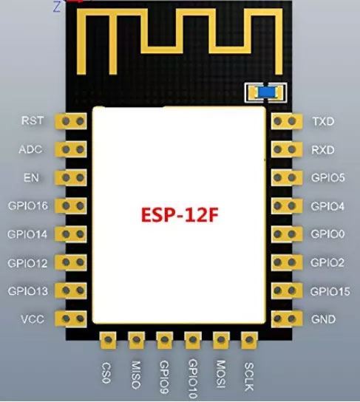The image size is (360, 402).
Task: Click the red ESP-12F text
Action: pyautogui.click(x=180, y=214)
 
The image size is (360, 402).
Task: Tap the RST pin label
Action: pyautogui.click(x=33, y=120)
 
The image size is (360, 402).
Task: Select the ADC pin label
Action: pyautogui.click(x=30, y=149)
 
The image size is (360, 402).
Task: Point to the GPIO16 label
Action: pyautogui.click(x=28, y=205)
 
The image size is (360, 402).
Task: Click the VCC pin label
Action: pyautogui.click(x=33, y=319)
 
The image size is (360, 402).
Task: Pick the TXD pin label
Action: pyautogui.click(x=323, y=121)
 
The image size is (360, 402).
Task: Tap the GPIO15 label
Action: pyautogui.click(x=330, y=291)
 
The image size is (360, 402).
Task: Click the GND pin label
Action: pyautogui.click(x=323, y=319)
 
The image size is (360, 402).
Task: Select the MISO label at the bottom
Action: pyautogui.click(x=136, y=375)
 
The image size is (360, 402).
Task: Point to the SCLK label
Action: pyautogui.click(x=249, y=376)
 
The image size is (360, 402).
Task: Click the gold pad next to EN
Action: pyautogui.click(x=71, y=177)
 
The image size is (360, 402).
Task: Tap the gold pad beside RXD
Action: pyautogui.click(x=287, y=149)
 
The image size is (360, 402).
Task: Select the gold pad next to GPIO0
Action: pyautogui.click(x=287, y=234)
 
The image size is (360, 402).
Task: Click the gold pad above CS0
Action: pyautogui.click(x=108, y=340)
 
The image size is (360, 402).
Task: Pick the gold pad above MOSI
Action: pyautogui.click(x=221, y=340)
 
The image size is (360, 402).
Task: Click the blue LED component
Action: pyautogui.click(x=267, y=92)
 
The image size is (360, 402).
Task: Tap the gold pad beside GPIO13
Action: pyautogui.click(x=71, y=290)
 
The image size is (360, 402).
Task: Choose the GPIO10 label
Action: pyautogui.click(x=193, y=378)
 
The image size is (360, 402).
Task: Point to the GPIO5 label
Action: pyautogui.click(x=328, y=177)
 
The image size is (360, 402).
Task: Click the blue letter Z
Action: pyautogui.click(x=57, y=7)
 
